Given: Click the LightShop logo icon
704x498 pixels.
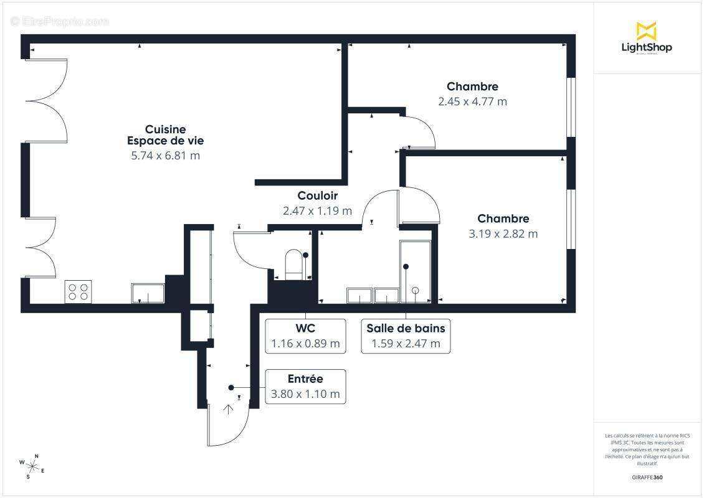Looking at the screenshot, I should (646, 31).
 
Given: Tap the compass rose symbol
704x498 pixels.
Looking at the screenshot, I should (32, 466).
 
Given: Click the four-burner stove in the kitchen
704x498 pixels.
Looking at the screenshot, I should (78, 292).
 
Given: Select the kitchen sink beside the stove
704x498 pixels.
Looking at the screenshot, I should (148, 293).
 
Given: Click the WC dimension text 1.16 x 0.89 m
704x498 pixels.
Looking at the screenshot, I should (305, 343).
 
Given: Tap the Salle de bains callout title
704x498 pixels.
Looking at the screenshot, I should (406, 328).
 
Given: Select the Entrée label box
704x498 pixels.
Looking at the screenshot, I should (305, 387).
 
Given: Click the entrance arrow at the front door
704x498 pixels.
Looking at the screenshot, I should (229, 409).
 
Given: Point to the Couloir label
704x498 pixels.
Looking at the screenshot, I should (317, 196).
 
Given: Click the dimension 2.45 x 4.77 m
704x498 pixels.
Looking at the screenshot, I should (472, 101).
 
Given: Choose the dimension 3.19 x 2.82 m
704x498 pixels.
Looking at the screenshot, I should (503, 234).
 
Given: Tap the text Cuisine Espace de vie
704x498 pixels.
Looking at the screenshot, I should (165, 135).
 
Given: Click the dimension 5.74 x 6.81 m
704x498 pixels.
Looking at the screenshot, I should (165, 156).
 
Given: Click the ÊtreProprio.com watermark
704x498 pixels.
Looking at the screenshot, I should (59, 22).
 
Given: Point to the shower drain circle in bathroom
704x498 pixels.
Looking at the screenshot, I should (416, 290).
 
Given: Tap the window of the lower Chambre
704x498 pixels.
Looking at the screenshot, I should (570, 218).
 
